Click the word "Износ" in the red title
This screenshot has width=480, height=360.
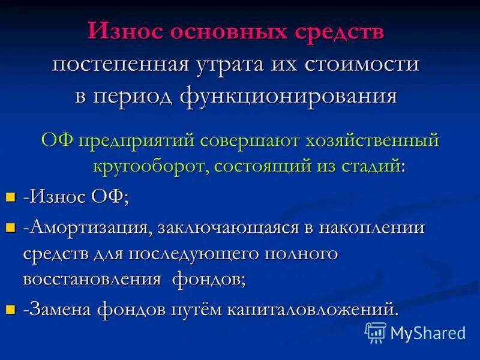point(124,32)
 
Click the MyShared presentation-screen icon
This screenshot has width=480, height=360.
point(376,332)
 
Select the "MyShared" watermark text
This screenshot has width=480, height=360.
point(428,332)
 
